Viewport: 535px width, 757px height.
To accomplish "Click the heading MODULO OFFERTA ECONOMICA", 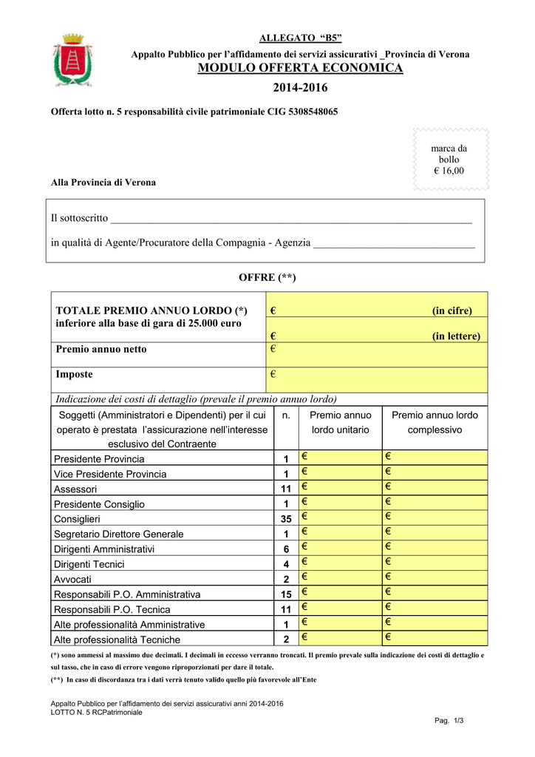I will point(300,68).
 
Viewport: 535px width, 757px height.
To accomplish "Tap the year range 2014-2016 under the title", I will point(300,89).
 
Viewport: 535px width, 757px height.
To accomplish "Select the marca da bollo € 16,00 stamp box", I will point(449,160).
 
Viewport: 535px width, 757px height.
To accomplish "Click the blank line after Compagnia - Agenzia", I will point(394,243).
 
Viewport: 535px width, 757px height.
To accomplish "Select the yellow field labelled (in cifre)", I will point(376,310).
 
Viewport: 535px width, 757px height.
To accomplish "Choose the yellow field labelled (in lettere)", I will point(376,336).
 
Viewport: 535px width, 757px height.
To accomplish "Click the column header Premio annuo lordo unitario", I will point(340,422).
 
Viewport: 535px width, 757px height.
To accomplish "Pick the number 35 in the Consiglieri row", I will point(287,519).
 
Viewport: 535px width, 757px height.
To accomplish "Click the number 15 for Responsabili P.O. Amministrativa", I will point(287,594).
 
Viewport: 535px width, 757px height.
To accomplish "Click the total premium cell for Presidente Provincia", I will point(434,458).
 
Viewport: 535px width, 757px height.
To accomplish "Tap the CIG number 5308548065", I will point(305,112).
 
